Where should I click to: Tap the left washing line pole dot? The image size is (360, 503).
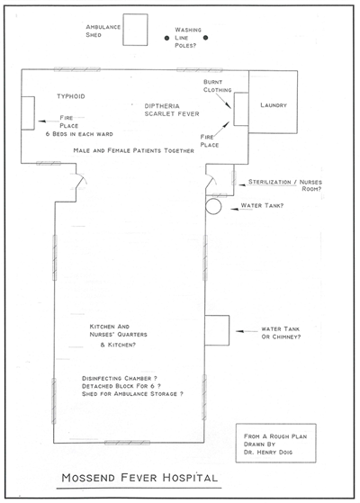(166, 38)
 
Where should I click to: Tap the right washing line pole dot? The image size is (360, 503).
(206, 38)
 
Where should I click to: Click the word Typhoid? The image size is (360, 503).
(71, 96)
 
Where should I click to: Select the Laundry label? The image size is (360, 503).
(274, 105)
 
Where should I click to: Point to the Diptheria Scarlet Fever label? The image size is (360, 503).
(172, 110)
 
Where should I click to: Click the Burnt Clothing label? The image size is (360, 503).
(217, 86)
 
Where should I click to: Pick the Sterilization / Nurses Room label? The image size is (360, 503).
(285, 185)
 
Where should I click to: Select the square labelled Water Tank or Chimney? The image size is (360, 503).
(217, 330)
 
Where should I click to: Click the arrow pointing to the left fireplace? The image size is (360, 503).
(46, 121)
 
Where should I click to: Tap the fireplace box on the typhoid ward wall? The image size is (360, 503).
(28, 112)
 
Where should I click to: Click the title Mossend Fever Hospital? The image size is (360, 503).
(139, 478)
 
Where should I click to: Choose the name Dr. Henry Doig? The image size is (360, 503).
(268, 452)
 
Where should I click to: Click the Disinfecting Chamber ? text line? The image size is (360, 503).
(120, 378)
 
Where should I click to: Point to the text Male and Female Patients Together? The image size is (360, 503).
(133, 150)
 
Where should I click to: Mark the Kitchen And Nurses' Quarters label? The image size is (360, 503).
(118, 330)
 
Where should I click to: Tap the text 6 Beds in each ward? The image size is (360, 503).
(79, 134)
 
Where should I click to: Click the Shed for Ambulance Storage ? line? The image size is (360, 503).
(132, 393)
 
